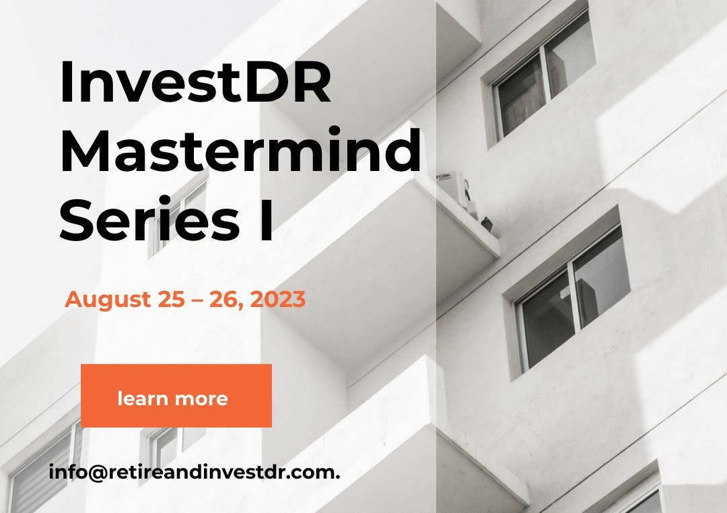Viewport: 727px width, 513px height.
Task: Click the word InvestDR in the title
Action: click(196, 81)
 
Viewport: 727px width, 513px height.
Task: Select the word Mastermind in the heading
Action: click(240, 150)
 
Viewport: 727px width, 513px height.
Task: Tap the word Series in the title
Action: click(149, 219)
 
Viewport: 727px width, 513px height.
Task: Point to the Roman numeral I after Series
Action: click(266, 219)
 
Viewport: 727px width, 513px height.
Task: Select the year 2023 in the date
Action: click(278, 299)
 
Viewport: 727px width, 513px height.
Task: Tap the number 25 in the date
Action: click(171, 299)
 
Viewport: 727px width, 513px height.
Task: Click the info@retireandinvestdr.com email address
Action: click(195, 472)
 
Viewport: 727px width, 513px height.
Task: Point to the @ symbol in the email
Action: click(96, 473)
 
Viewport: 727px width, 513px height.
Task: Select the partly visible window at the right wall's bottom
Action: click(642, 499)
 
